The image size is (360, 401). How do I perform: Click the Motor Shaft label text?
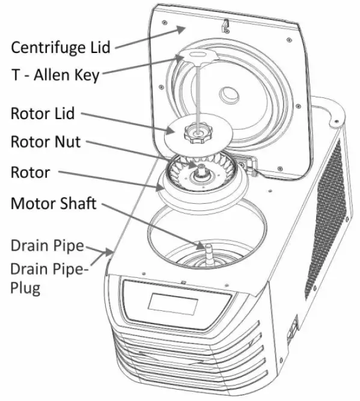tap(53, 203)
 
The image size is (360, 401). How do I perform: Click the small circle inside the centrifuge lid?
tap(232, 96)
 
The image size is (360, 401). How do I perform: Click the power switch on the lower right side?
tap(294, 327)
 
